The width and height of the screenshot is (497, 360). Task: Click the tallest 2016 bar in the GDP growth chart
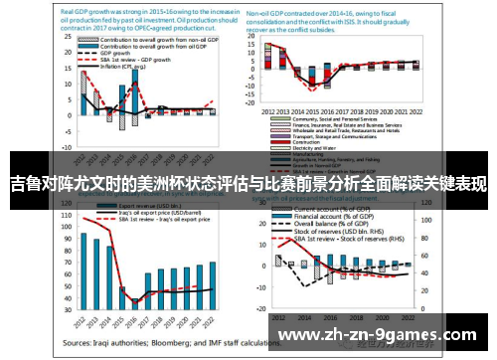[135, 99]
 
